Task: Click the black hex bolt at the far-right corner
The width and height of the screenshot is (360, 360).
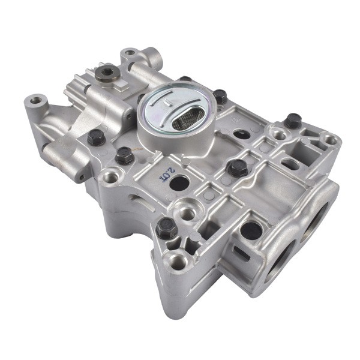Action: (293, 121)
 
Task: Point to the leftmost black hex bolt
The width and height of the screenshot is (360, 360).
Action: (97, 137)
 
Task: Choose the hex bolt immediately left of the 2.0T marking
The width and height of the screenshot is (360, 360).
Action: (125, 156)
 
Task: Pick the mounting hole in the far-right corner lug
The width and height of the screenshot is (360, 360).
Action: (329, 141)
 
